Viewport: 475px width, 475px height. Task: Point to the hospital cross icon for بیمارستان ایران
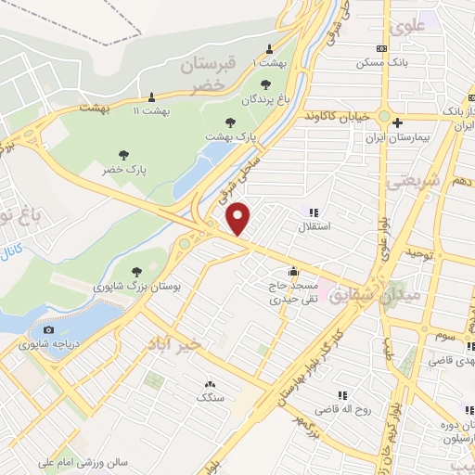coord(396,122)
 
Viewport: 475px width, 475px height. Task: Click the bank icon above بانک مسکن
coord(381,48)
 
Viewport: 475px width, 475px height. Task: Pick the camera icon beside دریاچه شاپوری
coord(48,329)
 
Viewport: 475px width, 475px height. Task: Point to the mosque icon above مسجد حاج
coord(293,272)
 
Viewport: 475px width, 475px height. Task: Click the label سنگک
coord(210,397)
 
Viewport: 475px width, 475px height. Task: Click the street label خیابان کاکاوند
coord(338,117)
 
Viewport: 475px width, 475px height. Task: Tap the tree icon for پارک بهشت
coord(231,122)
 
